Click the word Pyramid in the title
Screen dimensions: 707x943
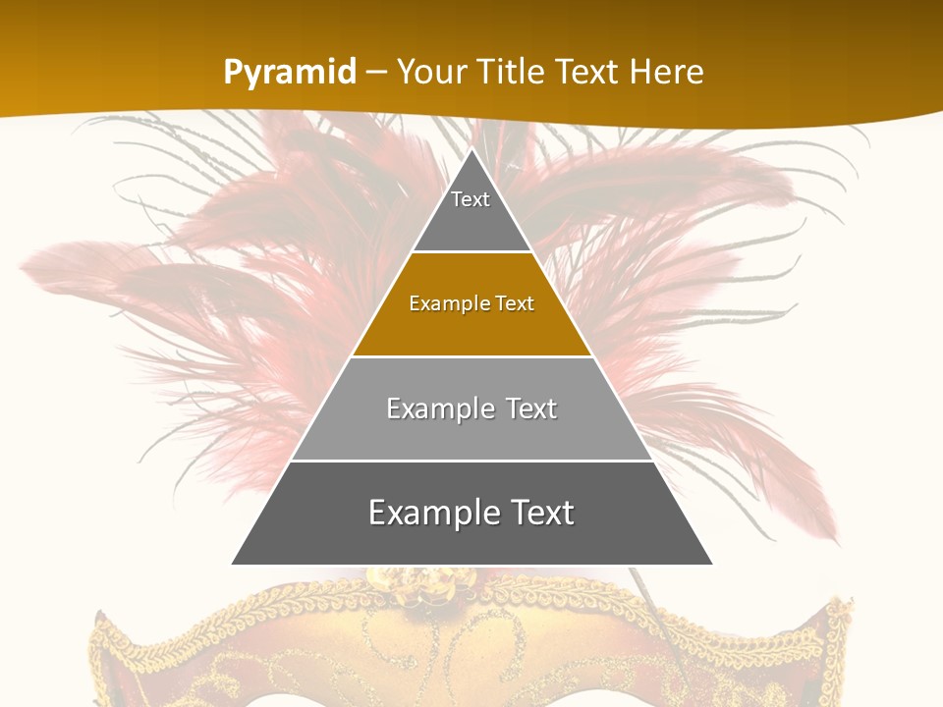pyautogui.click(x=290, y=73)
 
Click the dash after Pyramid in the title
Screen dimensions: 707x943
pyautogui.click(x=375, y=73)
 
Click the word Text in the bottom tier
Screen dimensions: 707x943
pyautogui.click(x=535, y=513)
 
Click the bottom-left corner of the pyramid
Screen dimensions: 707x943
pyautogui.click(x=234, y=563)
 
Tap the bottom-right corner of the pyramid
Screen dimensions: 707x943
pyautogui.click(x=710, y=563)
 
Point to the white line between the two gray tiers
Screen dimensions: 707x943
pyautogui.click(x=471, y=461)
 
